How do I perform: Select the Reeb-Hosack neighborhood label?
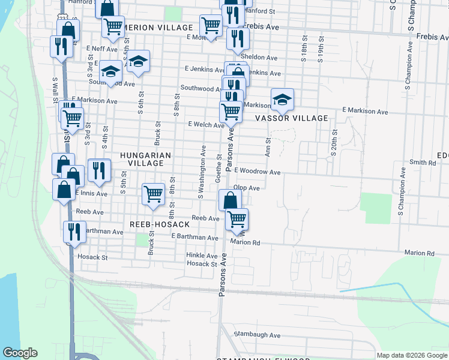point(160,224)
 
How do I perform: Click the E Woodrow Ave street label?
point(258,172)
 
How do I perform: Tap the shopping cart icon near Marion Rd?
point(237,219)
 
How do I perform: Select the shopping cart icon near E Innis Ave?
point(153,193)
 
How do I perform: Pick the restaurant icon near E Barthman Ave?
point(74,231)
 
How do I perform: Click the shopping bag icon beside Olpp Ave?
point(230,200)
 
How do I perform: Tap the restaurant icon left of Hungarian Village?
point(99,169)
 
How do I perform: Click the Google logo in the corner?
point(20,353)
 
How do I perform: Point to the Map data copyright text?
point(412,355)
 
